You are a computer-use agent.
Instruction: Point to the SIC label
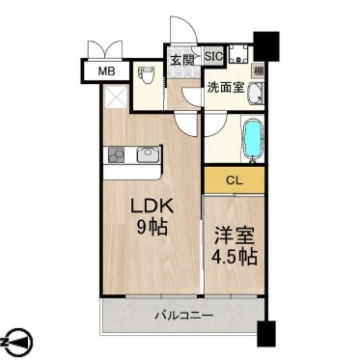(x=213, y=56)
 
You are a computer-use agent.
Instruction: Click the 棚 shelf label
(x=259, y=70)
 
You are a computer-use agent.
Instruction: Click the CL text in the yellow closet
(x=234, y=180)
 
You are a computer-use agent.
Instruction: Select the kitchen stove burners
(x=118, y=153)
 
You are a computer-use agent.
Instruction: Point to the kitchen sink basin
(x=148, y=153)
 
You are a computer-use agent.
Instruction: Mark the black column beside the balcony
(x=265, y=331)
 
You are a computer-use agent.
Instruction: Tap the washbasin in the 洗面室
(x=255, y=94)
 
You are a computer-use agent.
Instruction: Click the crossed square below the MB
(x=111, y=97)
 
